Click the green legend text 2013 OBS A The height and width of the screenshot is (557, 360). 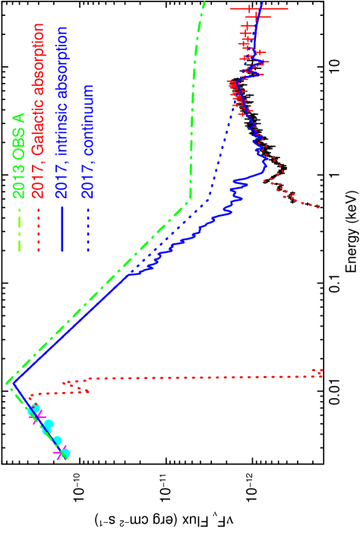[x=18, y=156]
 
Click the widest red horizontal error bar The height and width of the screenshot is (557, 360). [x=259, y=9]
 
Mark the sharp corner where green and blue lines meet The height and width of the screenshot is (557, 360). [x=11, y=381]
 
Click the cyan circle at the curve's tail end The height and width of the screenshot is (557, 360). [x=65, y=454]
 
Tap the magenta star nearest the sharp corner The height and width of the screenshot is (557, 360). [x=33, y=412]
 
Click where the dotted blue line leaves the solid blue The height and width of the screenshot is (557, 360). [x=131, y=273]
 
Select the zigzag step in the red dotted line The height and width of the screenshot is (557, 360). [x=76, y=386]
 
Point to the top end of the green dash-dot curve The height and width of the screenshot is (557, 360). [x=204, y=3]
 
